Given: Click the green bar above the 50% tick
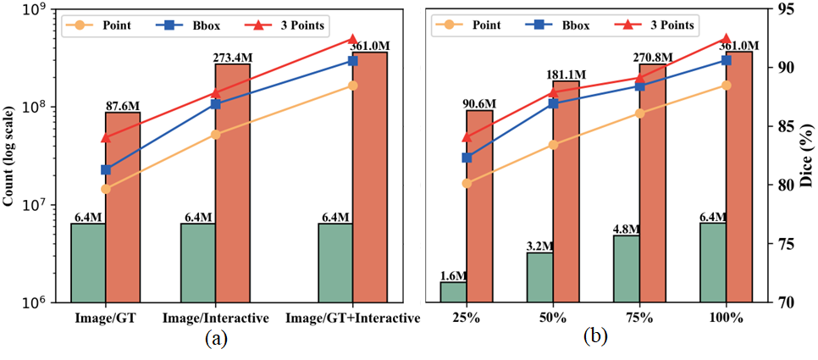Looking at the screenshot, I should coord(539,277).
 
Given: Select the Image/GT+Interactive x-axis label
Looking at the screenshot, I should coord(353,318).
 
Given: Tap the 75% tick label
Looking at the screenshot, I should coord(639,318).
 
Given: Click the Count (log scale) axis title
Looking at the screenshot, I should coord(11,157).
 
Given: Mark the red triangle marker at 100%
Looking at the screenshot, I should coord(727,39).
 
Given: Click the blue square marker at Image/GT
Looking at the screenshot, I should coord(106,170).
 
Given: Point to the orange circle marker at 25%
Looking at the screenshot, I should coord(467,183).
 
